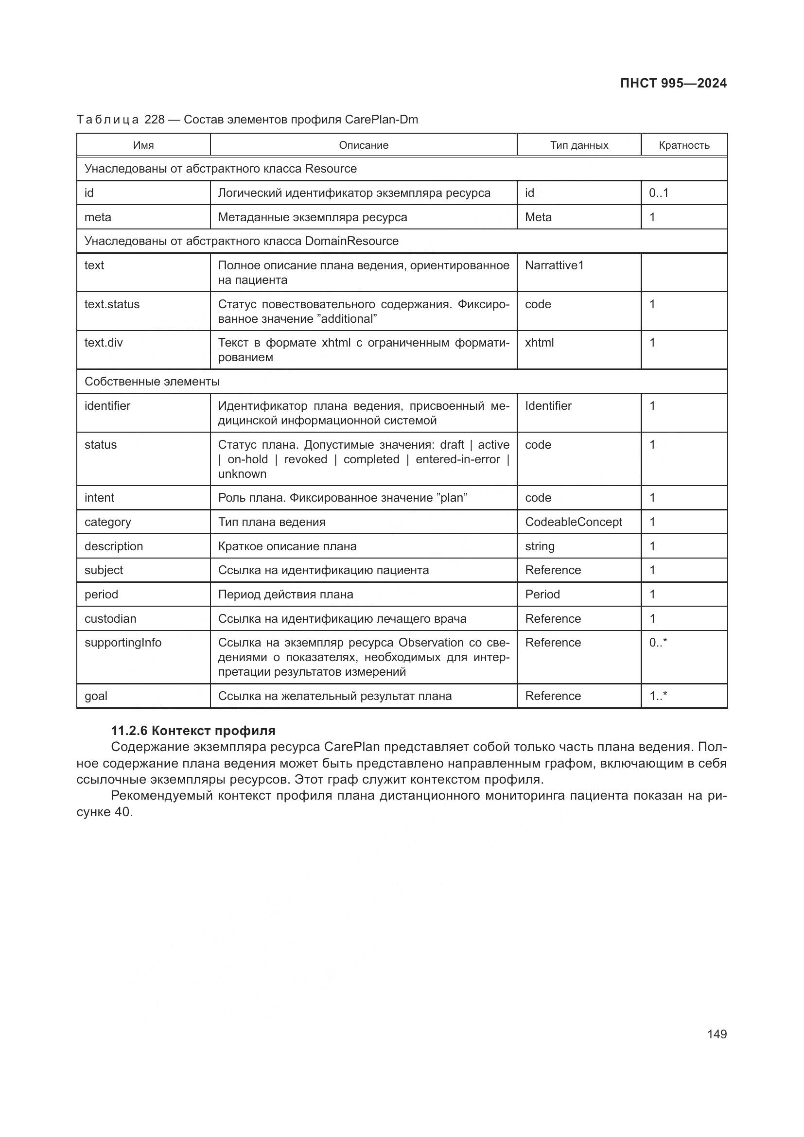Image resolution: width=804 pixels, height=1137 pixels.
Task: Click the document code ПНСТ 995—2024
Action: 673,83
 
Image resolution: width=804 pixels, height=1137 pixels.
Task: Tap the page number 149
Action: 717,1034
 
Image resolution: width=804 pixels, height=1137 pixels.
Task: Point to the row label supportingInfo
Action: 123,643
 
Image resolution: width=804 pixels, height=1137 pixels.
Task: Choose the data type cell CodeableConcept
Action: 573,522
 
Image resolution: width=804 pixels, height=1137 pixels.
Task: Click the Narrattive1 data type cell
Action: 554,265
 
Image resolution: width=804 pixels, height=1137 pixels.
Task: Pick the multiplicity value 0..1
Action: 659,193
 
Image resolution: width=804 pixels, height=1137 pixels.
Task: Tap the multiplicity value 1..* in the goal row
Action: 658,696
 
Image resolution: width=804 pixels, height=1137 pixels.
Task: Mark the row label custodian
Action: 110,619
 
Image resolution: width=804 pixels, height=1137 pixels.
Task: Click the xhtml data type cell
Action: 539,343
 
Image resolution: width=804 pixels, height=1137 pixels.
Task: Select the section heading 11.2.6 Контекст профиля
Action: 193,731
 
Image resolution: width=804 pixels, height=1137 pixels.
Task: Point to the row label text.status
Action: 112,304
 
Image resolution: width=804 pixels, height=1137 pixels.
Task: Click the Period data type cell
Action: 542,594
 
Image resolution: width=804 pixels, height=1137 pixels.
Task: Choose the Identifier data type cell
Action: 548,406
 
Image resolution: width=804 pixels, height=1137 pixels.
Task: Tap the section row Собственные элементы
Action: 152,382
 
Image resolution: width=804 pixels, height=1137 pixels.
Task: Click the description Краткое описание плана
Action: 287,546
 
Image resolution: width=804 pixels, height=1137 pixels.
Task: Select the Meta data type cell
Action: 538,217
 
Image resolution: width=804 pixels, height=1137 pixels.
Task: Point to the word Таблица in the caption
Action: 107,120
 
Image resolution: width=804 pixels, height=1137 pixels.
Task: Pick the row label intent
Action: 99,498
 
